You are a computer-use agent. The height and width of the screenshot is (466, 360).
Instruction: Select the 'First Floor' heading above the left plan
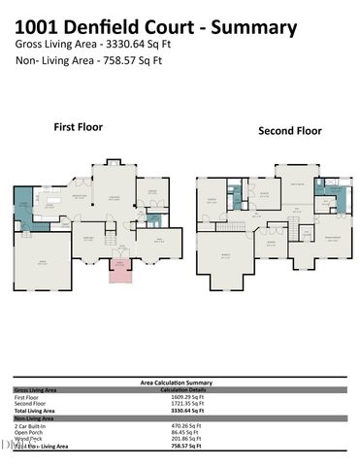tap(78, 126)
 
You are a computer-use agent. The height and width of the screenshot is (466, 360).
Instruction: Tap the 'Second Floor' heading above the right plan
tap(289, 131)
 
